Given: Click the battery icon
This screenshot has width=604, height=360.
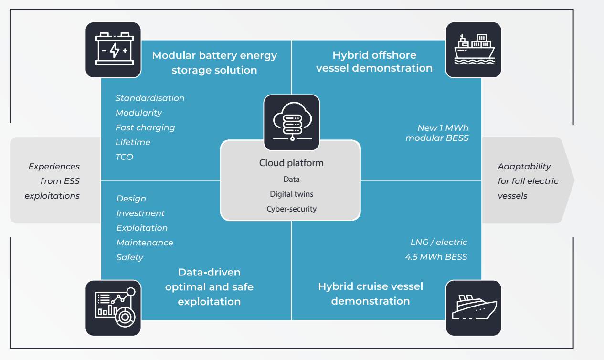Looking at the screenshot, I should coord(113,50).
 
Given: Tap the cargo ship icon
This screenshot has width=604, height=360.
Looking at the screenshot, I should coord(473,50).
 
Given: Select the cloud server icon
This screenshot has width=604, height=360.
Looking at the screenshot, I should coord(292,123).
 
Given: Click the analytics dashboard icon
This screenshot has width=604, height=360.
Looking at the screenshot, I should coord(113,307).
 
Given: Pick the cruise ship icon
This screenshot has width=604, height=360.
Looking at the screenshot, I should coord(473,307).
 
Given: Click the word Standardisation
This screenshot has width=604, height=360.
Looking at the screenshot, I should coord(150,98).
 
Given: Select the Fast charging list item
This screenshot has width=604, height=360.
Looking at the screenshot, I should coord(145,127).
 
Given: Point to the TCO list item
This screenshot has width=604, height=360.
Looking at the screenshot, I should coord(124,157).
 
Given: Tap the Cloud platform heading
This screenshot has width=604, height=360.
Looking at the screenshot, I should coord(291,163).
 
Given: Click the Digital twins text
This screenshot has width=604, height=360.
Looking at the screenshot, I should coord(291,194).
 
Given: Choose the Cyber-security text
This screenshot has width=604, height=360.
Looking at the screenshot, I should coord(291,209).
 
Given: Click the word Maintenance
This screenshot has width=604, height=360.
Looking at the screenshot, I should coord(145,243).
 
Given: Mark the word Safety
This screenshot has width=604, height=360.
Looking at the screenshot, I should coord(130,257).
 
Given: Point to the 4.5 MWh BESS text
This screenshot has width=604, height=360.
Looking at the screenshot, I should coord(436,257).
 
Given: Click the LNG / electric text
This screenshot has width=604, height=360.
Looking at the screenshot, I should coord(439,242).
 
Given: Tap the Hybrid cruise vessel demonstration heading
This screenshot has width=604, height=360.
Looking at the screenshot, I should coord(371,294).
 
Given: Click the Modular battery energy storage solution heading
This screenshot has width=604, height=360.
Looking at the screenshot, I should coord(214,63).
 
